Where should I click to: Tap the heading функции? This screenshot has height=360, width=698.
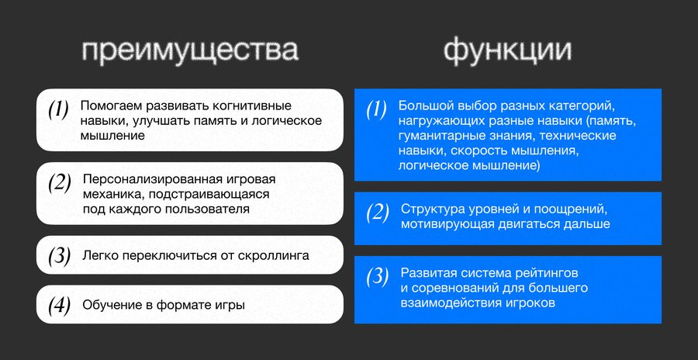[x=507, y=50]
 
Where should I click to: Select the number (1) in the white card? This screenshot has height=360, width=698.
[x=58, y=109]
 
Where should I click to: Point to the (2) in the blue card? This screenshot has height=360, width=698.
[x=378, y=213]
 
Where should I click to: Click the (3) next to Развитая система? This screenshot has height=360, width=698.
[x=378, y=277]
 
